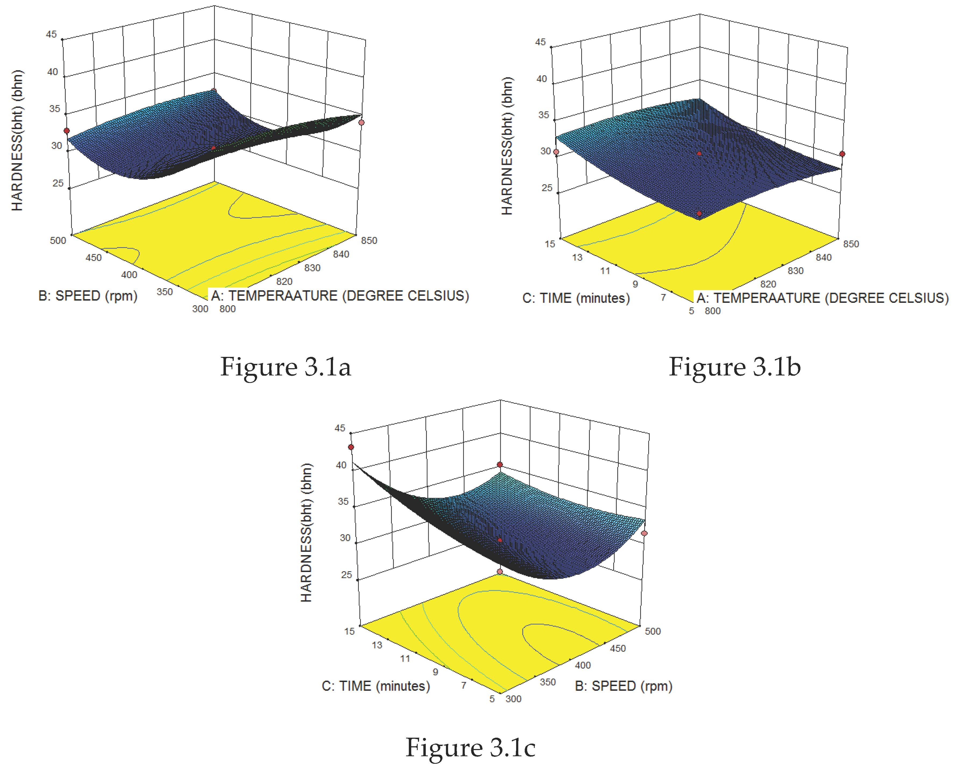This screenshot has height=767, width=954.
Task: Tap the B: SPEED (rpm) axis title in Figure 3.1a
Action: (88, 296)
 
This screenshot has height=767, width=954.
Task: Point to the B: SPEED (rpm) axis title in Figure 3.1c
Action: (623, 686)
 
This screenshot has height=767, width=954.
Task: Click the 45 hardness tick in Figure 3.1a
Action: (51, 34)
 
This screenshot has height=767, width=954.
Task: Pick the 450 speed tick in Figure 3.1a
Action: (93, 257)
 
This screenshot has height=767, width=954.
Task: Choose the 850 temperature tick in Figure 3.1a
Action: (369, 241)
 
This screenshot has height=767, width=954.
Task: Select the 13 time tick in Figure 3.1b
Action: (577, 257)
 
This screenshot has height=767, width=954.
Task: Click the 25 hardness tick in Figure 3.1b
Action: (547, 188)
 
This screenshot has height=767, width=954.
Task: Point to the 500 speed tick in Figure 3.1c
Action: (653, 631)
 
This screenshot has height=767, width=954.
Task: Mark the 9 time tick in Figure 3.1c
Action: (435, 672)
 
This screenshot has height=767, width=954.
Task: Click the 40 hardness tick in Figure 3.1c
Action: (341, 465)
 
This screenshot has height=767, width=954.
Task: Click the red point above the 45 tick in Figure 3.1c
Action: (351, 447)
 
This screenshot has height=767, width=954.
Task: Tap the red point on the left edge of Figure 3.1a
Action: (67, 131)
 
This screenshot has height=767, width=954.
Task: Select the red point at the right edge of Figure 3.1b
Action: (842, 154)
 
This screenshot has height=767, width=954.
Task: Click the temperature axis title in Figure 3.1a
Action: (340, 296)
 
